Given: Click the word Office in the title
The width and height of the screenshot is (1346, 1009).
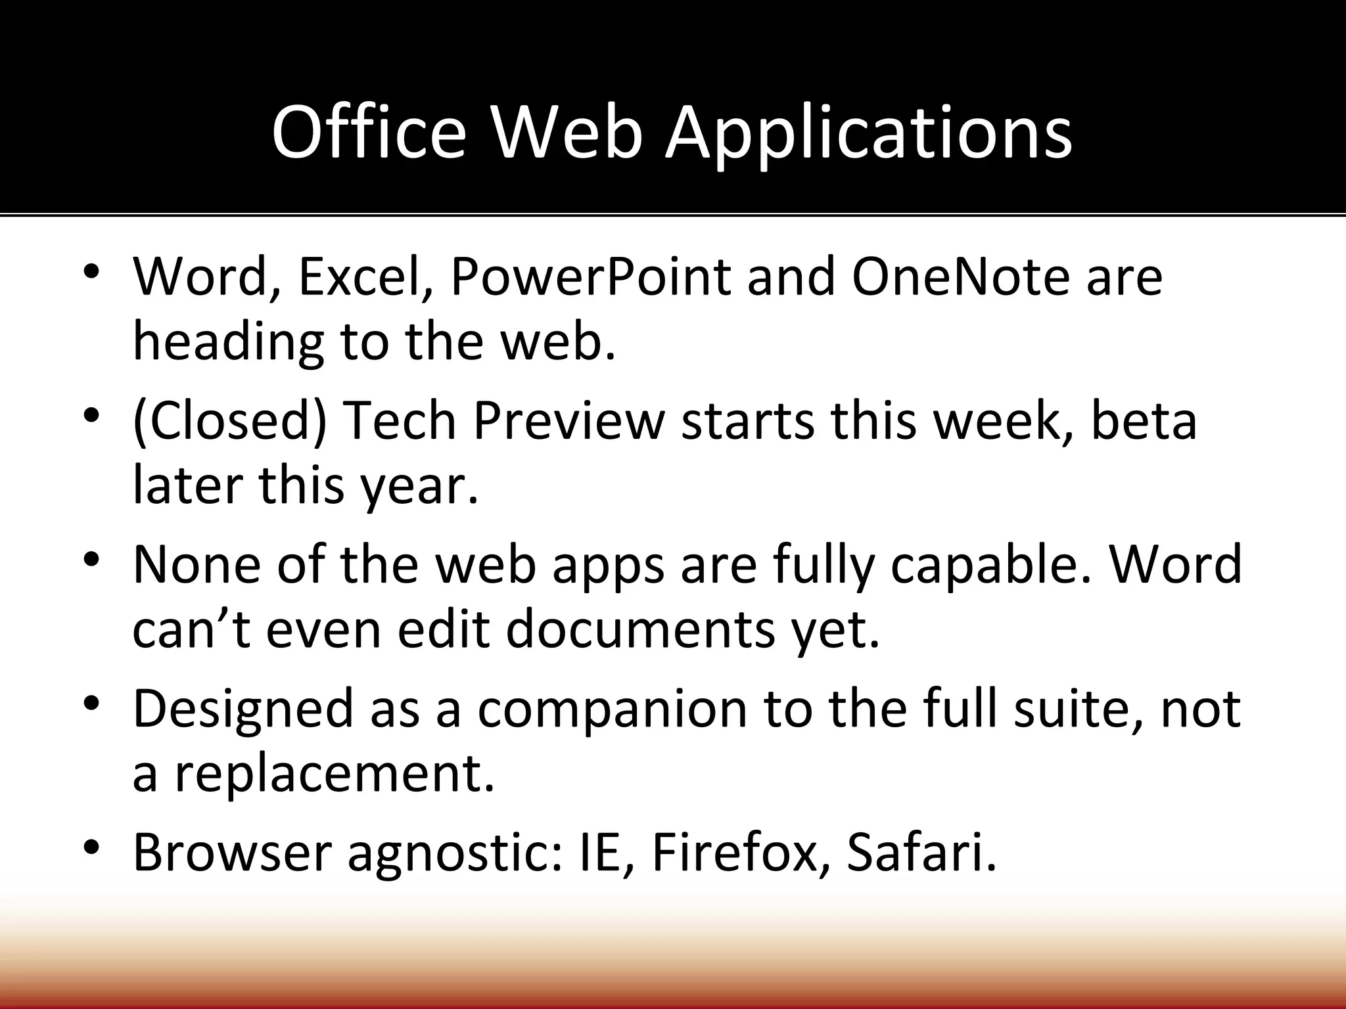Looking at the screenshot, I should tap(369, 133).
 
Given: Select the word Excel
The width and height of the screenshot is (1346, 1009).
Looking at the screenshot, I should tap(365, 277).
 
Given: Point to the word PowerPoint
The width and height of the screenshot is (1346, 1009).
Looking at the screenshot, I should tap(590, 277).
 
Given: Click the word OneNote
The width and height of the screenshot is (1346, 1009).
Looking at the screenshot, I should tap(961, 277).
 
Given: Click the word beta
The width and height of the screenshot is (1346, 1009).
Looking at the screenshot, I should tap(1144, 421).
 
